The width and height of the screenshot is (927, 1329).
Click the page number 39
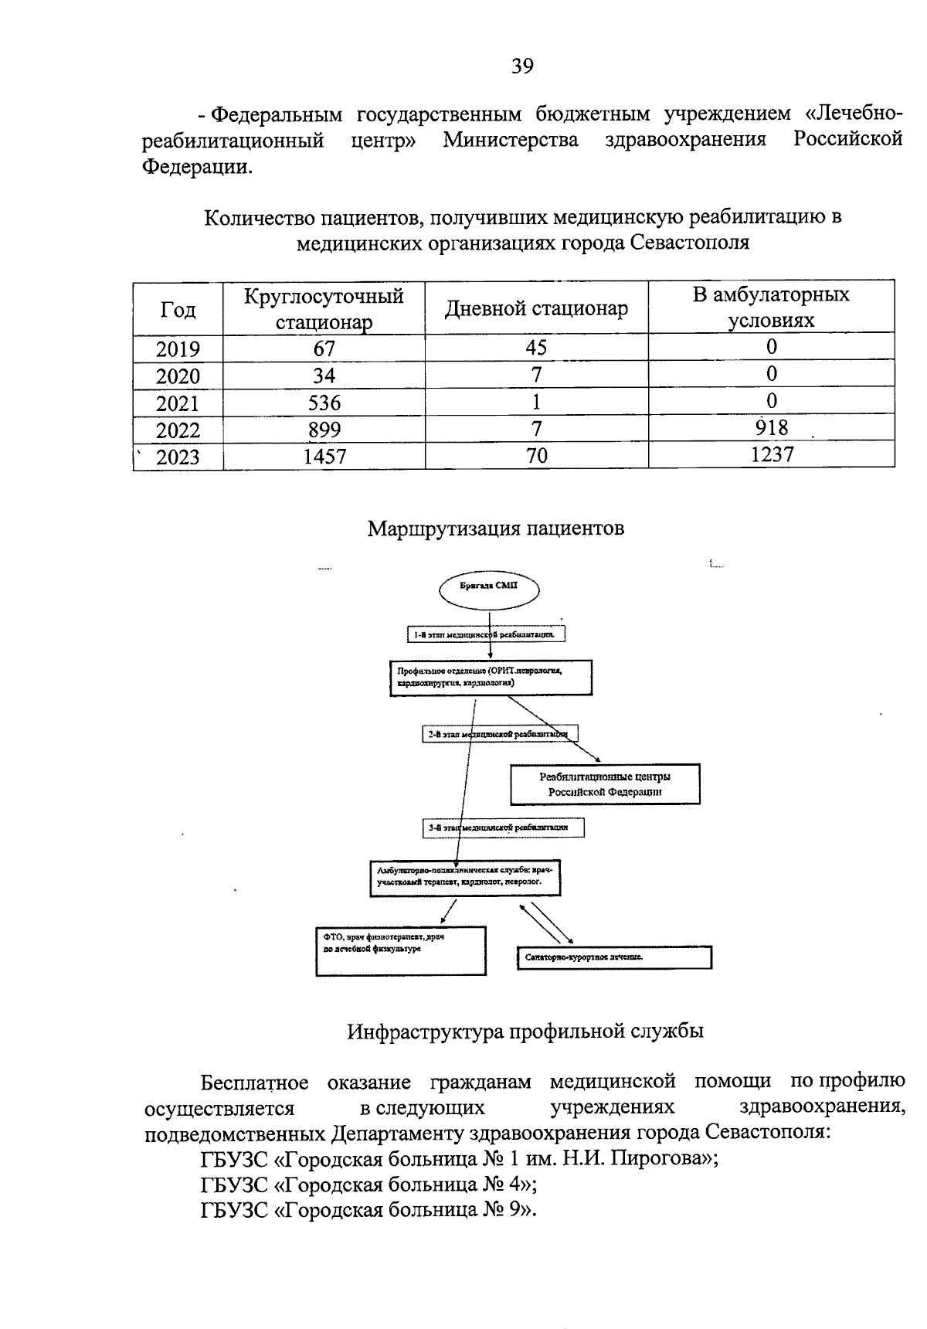pyautogui.click(x=521, y=66)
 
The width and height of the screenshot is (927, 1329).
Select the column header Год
pyautogui.click(x=178, y=310)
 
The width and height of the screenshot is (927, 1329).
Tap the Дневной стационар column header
pyautogui.click(x=536, y=308)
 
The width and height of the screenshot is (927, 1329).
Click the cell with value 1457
pyautogui.click(x=324, y=457)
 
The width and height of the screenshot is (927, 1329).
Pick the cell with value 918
pyautogui.click(x=770, y=427)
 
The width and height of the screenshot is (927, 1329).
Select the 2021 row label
pyautogui.click(x=178, y=403)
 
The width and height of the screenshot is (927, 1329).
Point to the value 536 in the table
pyautogui.click(x=324, y=403)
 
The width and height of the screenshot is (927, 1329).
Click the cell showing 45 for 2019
pyautogui.click(x=536, y=348)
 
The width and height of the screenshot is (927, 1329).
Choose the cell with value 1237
pyautogui.click(x=771, y=454)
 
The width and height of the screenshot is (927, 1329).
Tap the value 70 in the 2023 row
pyautogui.click(x=536, y=456)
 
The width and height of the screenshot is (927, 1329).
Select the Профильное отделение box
pyautogui.click(x=491, y=678)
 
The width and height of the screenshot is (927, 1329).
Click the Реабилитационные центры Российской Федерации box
pyautogui.click(x=605, y=783)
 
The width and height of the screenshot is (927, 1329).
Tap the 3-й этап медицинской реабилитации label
pyautogui.click(x=503, y=828)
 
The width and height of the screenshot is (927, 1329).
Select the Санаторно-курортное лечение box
pyautogui.click(x=613, y=957)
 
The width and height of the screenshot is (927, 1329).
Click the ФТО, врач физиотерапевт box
pyautogui.click(x=401, y=950)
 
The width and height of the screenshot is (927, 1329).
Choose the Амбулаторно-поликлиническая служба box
pyautogui.click(x=465, y=877)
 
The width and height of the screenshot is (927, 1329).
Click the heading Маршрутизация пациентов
pyautogui.click(x=495, y=529)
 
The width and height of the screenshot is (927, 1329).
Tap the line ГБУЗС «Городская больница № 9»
pyautogui.click(x=368, y=1209)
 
